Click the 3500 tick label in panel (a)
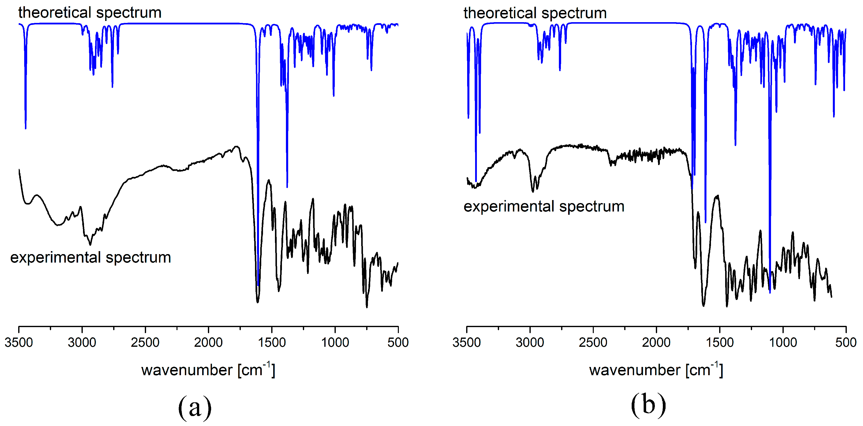click(18, 342)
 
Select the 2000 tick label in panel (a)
click(208, 342)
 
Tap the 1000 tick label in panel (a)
click(335, 342)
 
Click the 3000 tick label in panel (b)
click(530, 342)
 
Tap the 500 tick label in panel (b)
click(846, 342)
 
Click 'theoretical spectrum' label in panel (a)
click(90, 13)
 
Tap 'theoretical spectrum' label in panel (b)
click(535, 13)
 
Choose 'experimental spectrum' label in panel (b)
click(544, 206)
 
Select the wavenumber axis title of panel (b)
click(656, 370)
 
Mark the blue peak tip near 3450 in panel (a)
click(25, 128)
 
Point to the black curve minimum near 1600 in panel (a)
click(257, 302)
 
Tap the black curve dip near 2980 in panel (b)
click(533, 192)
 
